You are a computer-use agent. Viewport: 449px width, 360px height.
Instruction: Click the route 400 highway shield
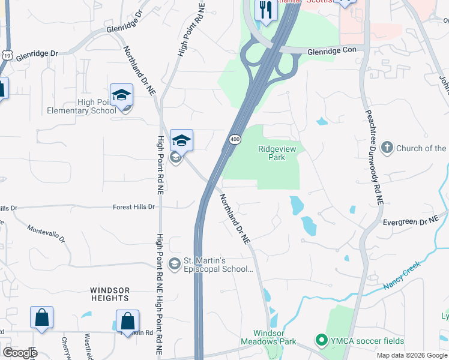[234, 139]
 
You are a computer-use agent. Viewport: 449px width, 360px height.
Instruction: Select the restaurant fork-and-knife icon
[265, 10]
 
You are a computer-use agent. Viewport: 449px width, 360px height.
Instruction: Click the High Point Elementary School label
[82, 106]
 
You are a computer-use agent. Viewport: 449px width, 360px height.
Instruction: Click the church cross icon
[387, 148]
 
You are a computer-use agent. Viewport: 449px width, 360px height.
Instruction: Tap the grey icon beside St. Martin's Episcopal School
[175, 264]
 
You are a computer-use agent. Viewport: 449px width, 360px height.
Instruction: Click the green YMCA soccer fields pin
[322, 341]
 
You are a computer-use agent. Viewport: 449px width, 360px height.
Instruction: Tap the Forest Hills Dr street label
[134, 207]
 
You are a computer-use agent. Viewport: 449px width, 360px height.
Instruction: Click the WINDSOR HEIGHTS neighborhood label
[110, 293]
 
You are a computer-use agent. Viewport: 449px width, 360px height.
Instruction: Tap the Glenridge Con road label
[333, 51]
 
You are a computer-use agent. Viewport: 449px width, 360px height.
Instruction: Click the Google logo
[19, 353]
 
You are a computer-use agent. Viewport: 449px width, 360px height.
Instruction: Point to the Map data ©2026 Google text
[412, 355]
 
